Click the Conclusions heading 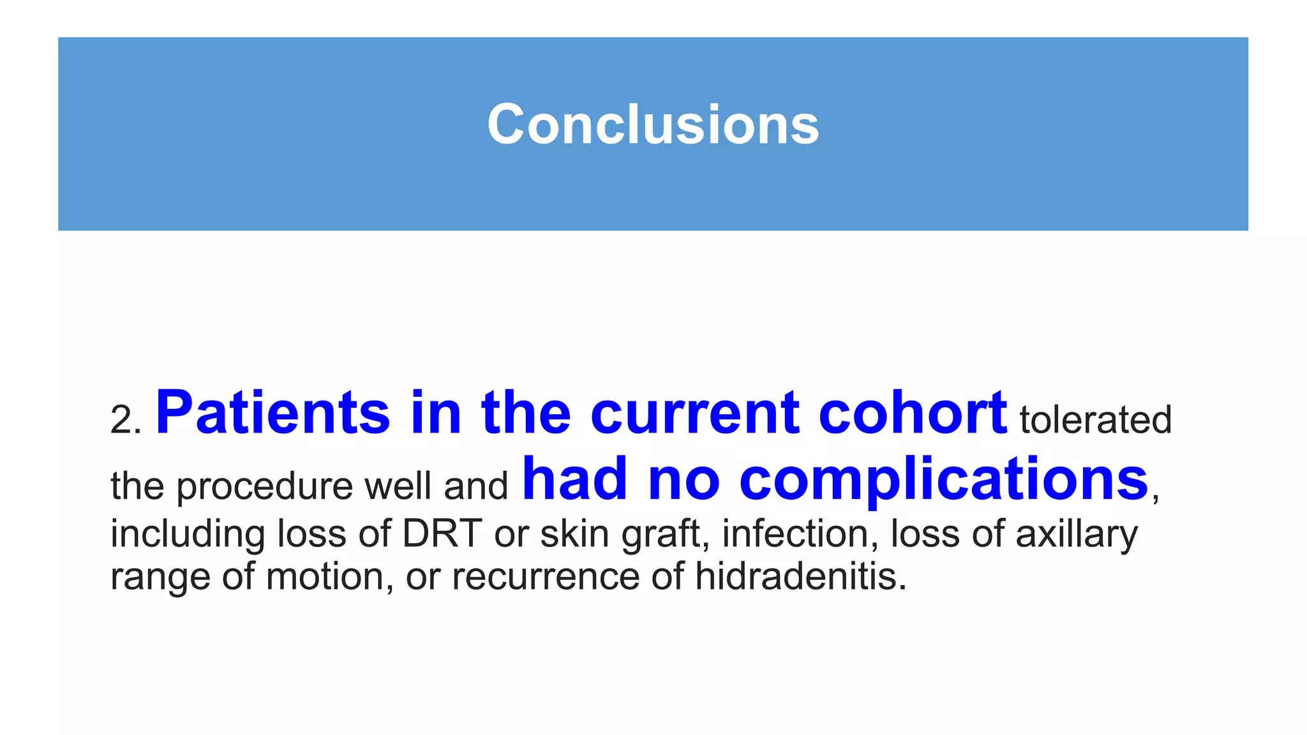point(653,124)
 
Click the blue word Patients point(273,413)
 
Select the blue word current point(695,413)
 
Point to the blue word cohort point(913,413)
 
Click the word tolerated point(1095,420)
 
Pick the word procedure point(264,487)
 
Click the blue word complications point(944,480)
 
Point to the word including point(188,535)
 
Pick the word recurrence point(546,576)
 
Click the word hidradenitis point(800,576)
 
